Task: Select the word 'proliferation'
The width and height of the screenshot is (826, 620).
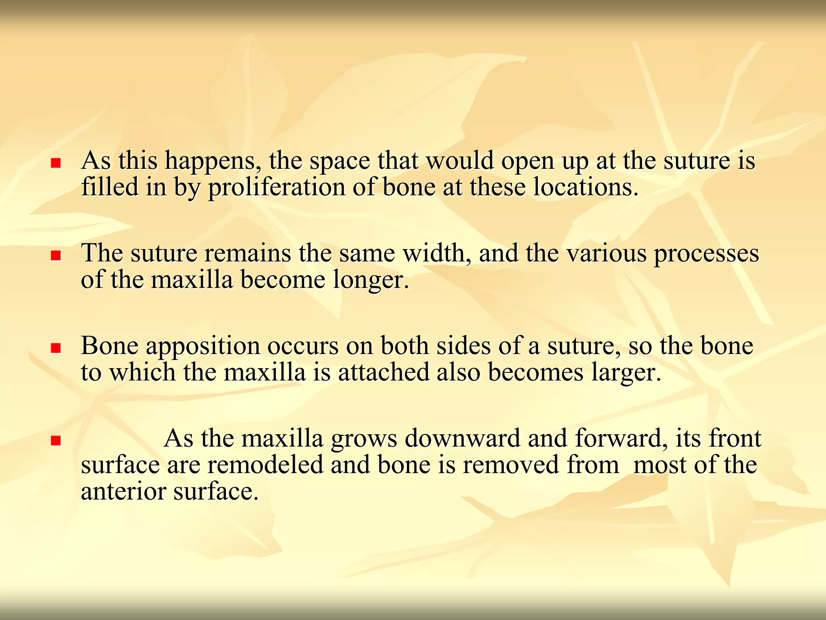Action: tap(277, 188)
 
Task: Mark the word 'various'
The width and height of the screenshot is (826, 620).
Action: tap(607, 253)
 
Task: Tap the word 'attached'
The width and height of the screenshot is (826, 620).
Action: tap(384, 372)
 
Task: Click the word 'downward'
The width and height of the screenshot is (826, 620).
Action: tap(462, 438)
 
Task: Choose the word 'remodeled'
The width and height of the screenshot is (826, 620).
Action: tap(265, 465)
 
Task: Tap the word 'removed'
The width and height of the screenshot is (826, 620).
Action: tap(511, 465)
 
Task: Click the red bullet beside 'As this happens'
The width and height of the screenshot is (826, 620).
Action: tap(56, 163)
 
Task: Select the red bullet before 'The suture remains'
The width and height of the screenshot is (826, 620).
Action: tap(56, 256)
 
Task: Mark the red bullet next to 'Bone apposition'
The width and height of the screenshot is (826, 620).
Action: tap(56, 348)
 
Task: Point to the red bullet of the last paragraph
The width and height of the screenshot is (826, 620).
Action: tap(56, 441)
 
